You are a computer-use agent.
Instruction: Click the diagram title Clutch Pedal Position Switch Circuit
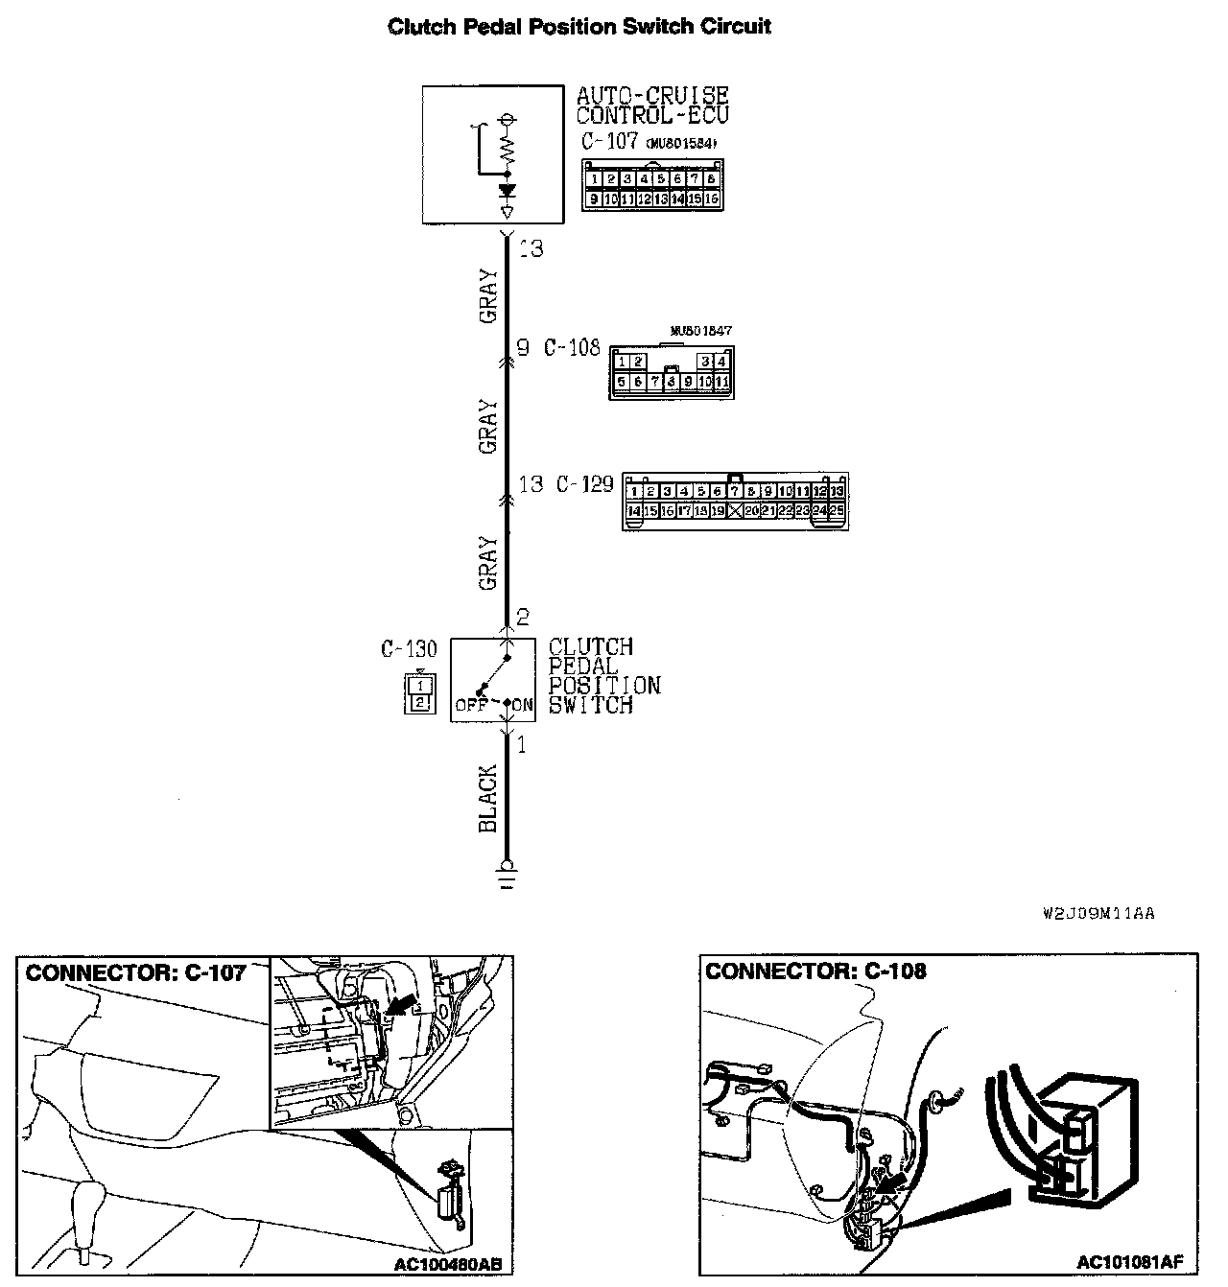click(x=579, y=26)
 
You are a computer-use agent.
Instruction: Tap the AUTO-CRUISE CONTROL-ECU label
click(x=652, y=105)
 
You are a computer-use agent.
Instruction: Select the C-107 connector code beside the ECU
click(x=609, y=141)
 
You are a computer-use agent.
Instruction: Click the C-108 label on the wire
click(x=572, y=348)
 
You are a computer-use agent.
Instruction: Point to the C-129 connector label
click(x=584, y=483)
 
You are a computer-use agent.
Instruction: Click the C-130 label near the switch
click(x=408, y=649)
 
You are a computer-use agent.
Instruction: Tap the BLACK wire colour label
click(x=488, y=798)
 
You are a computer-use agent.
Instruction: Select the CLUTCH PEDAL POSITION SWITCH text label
click(x=603, y=676)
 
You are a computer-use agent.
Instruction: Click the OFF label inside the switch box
click(x=472, y=705)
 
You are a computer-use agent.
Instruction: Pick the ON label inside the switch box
click(x=523, y=705)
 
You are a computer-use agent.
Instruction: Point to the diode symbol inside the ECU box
click(x=508, y=191)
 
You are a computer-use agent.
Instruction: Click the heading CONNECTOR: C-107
click(x=135, y=973)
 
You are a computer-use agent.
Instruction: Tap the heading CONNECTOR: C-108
click(x=815, y=971)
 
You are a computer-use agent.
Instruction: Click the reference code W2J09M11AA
click(x=1098, y=914)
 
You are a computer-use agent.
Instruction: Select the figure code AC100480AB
click(x=447, y=1265)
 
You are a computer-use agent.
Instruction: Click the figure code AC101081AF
click(x=1129, y=1262)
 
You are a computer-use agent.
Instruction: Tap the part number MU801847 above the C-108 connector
click(x=701, y=331)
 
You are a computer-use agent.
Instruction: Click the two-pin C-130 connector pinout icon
click(x=419, y=694)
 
